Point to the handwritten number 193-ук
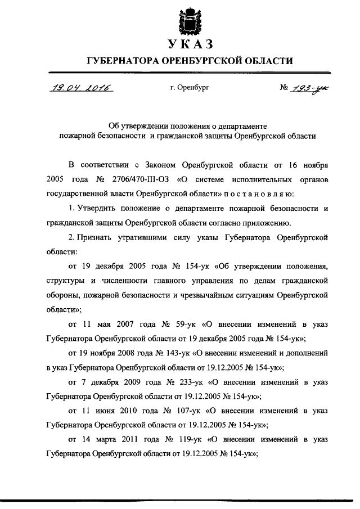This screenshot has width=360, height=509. point(310,89)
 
